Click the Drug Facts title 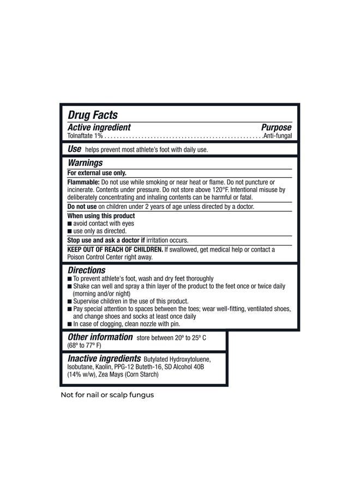(93, 115)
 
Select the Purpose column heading (277, 127)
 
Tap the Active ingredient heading (99, 127)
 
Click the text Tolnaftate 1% (85, 135)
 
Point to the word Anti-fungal (278, 135)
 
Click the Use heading (75, 149)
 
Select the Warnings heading (85, 163)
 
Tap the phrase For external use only (97, 173)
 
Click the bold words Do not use (82, 207)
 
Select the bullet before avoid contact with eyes (69, 224)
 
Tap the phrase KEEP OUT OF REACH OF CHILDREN (115, 249)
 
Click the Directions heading (87, 270)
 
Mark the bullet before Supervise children (69, 301)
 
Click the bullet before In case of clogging (69, 324)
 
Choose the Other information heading (100, 337)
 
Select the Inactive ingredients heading (104, 359)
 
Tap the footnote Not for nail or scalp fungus (107, 395)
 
